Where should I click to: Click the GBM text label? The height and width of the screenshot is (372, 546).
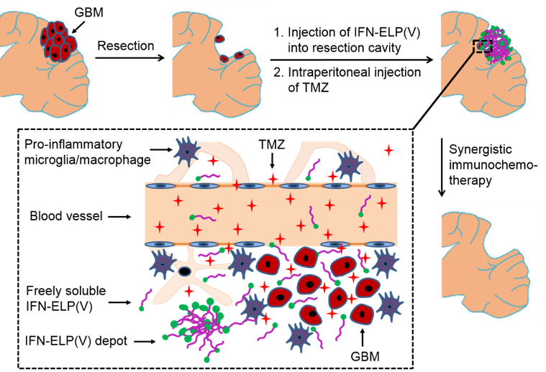click(x=87, y=12)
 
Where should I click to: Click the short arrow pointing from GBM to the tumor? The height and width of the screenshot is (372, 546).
click(x=78, y=27)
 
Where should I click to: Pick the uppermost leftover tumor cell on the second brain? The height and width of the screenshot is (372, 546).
click(x=219, y=39)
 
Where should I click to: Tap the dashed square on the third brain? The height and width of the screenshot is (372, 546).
click(x=482, y=46)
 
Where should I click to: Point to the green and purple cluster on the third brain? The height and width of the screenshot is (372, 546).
click(x=496, y=45)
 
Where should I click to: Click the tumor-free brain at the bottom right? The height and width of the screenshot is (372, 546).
click(x=489, y=263)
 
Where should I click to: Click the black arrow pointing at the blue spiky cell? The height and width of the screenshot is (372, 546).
click(x=160, y=149)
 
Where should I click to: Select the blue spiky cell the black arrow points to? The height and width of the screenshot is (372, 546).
click(x=187, y=151)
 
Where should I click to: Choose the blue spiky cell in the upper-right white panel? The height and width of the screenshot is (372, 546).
click(x=350, y=165)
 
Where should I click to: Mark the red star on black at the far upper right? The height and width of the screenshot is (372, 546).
click(x=388, y=150)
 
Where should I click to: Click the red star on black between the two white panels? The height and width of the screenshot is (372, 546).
click(x=273, y=178)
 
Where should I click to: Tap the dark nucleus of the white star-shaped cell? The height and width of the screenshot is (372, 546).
click(x=185, y=271)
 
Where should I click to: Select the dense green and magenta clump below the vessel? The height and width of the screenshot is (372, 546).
click(x=198, y=323)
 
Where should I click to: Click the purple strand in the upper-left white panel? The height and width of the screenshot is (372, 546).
click(x=209, y=176)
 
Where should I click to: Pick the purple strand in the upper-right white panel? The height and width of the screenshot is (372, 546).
click(x=313, y=169)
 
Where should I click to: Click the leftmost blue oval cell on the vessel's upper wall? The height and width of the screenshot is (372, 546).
click(x=160, y=186)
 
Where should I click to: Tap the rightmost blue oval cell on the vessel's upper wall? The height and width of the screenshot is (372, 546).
click(x=381, y=186)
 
